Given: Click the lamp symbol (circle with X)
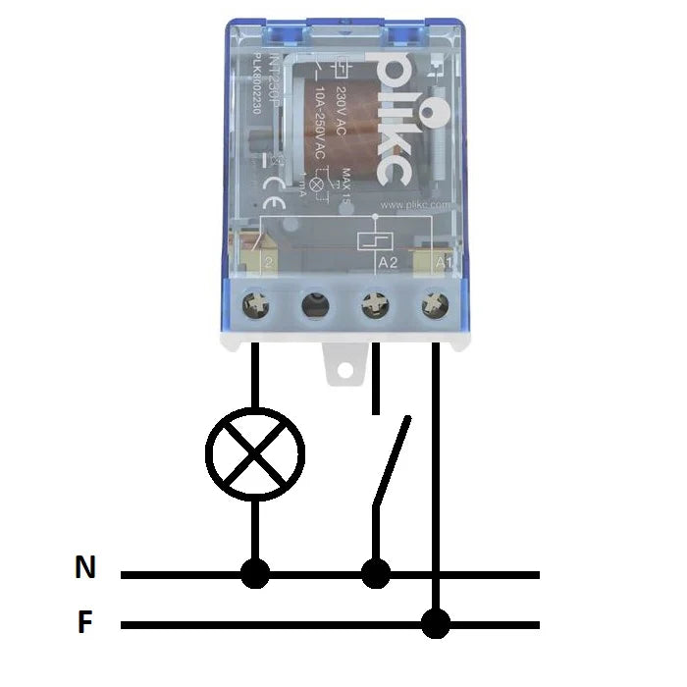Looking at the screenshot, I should [255, 452].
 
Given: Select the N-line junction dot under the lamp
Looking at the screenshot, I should [255, 573].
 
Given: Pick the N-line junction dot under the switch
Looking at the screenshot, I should [375, 573].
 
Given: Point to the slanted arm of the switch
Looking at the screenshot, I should [390, 461].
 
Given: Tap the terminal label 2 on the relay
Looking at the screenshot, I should [268, 263].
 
